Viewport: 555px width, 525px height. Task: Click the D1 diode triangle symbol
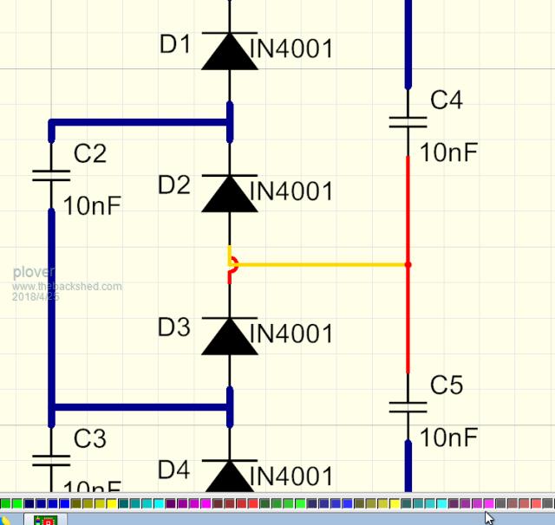pyautogui.click(x=230, y=51)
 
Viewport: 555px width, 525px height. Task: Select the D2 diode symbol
pyautogui.click(x=230, y=193)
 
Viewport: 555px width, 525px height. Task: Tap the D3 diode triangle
pyautogui.click(x=230, y=336)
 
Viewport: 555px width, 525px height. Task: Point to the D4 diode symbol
pyautogui.click(x=230, y=477)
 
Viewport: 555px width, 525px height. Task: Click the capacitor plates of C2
pyautogui.click(x=51, y=175)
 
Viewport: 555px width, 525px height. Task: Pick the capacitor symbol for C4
pyautogui.click(x=408, y=122)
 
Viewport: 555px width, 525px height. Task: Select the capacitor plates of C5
pyautogui.click(x=408, y=406)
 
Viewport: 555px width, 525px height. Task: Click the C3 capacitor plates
pyautogui.click(x=51, y=459)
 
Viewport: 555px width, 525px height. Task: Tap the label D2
pyautogui.click(x=174, y=185)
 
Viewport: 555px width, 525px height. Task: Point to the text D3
pyautogui.click(x=174, y=327)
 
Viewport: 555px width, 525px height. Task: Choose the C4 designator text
pyautogui.click(x=446, y=100)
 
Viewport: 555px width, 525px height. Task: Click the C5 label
pyautogui.click(x=446, y=386)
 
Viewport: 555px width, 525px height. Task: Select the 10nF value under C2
pyautogui.click(x=92, y=206)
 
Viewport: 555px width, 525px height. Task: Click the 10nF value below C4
pyautogui.click(x=448, y=153)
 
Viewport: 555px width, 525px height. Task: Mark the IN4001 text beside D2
pyautogui.click(x=291, y=191)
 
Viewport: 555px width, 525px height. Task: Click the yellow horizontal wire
pyautogui.click(x=321, y=264)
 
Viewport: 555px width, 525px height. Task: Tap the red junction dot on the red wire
pyautogui.click(x=408, y=264)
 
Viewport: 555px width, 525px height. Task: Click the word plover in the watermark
pyautogui.click(x=33, y=272)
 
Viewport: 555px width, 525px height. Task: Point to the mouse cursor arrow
pyautogui.click(x=488, y=517)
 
